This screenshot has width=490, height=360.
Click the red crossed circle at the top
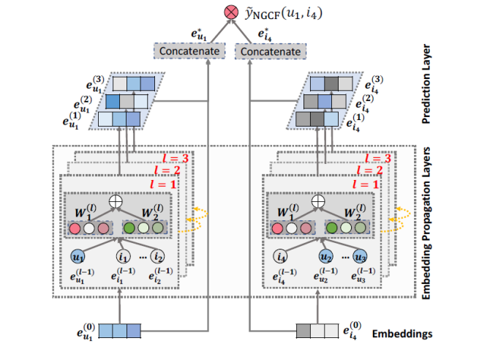click(x=230, y=13)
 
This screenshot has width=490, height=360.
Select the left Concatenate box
click(x=186, y=52)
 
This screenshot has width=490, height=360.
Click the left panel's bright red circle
click(x=74, y=228)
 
